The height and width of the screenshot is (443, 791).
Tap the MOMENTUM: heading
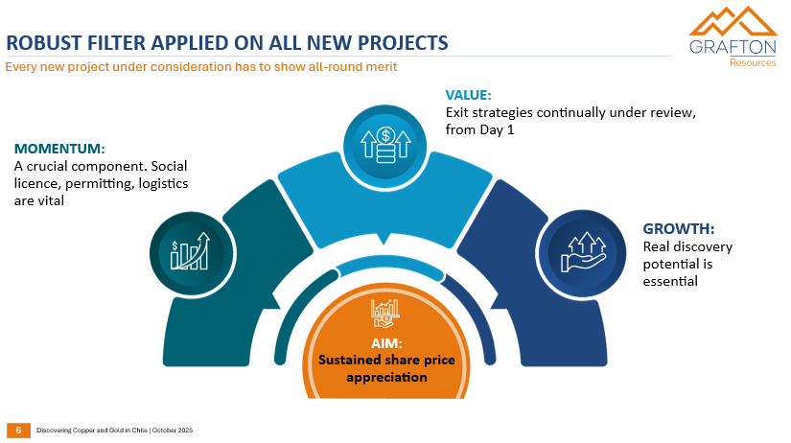[59, 149]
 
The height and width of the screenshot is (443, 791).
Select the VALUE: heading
[469, 95]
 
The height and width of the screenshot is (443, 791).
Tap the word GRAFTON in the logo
[733, 48]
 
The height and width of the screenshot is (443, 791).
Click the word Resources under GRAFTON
[753, 63]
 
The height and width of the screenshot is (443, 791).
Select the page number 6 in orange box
[18, 430]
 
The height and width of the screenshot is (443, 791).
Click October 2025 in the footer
[174, 431]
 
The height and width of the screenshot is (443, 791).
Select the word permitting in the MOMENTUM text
[104, 183]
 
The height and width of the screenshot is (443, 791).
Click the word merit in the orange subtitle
[382, 67]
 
